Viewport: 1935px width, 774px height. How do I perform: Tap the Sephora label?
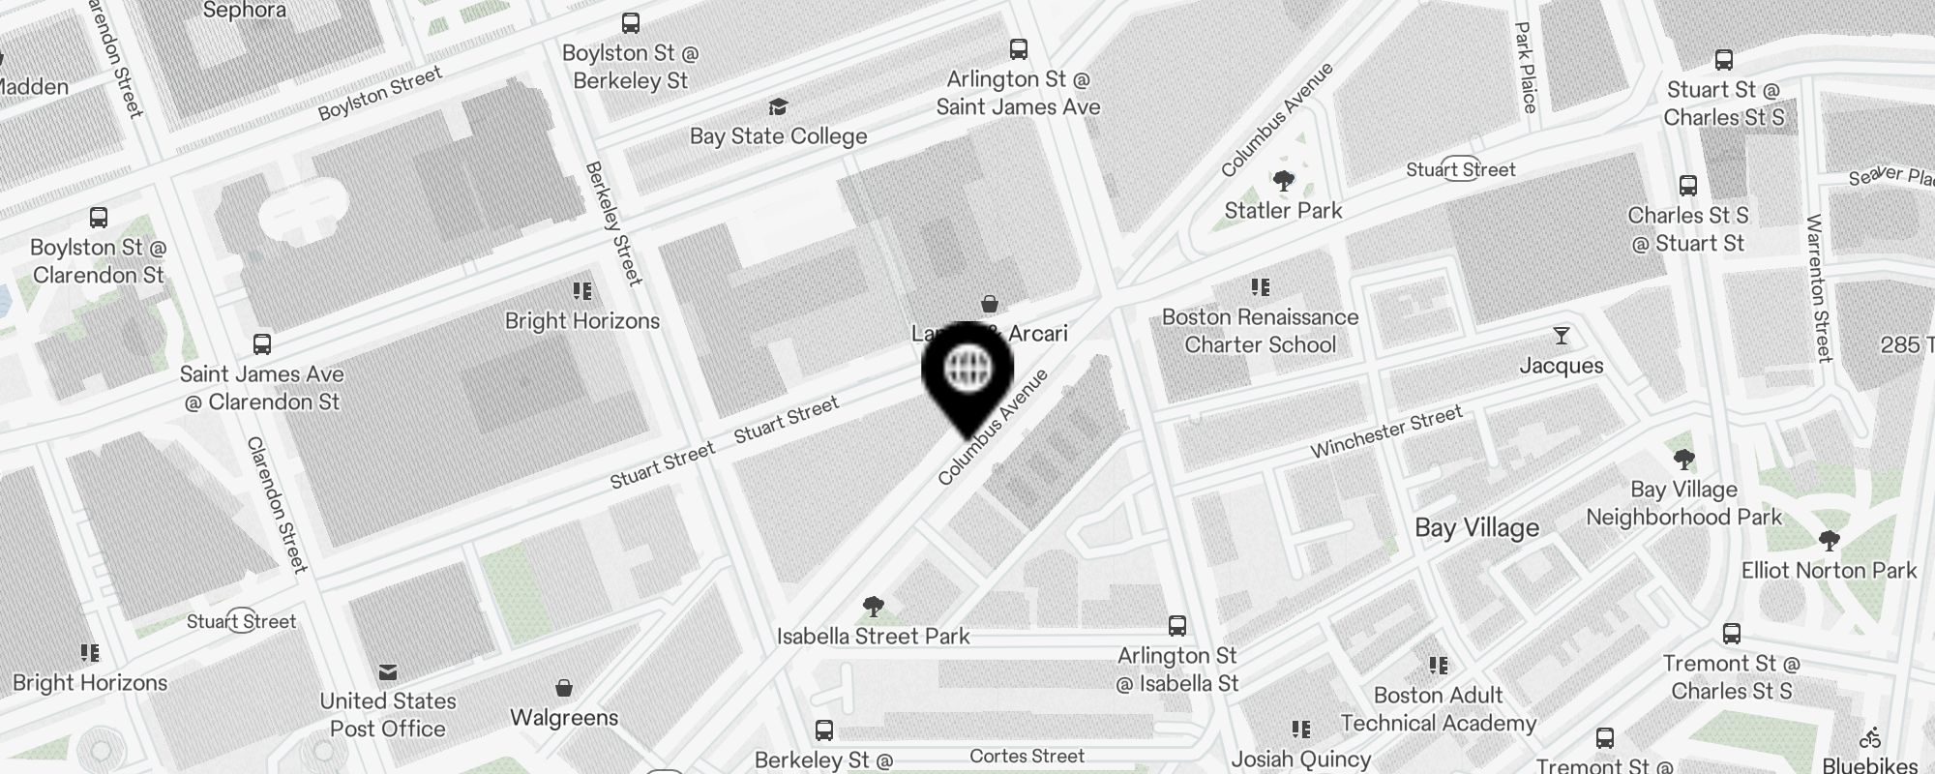(x=244, y=11)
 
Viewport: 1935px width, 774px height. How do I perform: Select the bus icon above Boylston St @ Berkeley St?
(x=631, y=23)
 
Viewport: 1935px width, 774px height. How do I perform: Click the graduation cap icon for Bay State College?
(x=778, y=106)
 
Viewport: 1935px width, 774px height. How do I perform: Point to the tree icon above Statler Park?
(x=1283, y=181)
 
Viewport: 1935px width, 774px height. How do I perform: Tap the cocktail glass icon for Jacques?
(x=1561, y=336)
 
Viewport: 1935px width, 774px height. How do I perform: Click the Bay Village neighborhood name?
(x=1476, y=528)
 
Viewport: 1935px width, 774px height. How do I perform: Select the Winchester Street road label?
(x=1385, y=432)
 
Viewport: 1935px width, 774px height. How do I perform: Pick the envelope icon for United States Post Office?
(x=388, y=671)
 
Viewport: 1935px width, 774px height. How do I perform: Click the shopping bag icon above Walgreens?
(x=564, y=688)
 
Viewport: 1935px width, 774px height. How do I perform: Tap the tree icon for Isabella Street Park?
(x=873, y=607)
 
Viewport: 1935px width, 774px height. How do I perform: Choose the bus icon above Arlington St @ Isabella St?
(x=1176, y=626)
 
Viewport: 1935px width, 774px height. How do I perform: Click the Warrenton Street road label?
(x=1819, y=288)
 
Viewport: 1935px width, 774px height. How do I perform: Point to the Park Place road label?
(x=1526, y=68)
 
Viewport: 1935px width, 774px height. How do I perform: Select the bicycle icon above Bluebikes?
(x=1869, y=738)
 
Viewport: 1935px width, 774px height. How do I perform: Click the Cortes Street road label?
(x=1027, y=757)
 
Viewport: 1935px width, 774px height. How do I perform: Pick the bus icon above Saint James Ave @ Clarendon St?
(x=261, y=344)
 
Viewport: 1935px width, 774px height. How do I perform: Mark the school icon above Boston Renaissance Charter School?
(x=1260, y=287)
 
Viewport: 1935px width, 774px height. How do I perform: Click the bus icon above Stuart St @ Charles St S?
(x=1723, y=60)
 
